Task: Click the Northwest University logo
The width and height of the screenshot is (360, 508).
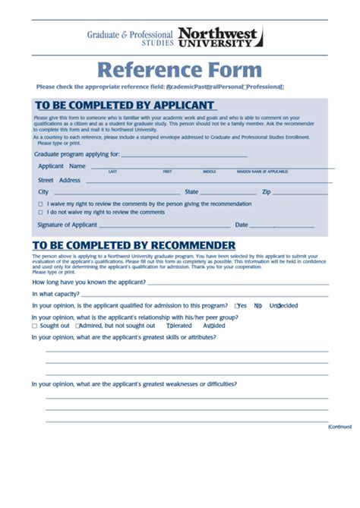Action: pyautogui.click(x=220, y=37)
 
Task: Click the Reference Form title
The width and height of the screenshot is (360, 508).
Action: pyautogui.click(x=179, y=71)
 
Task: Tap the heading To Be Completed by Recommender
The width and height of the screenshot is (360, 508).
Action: pyautogui.click(x=134, y=245)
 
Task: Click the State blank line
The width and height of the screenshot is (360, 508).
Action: pyautogui.click(x=228, y=193)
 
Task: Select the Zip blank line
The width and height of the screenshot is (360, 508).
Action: pyautogui.click(x=301, y=193)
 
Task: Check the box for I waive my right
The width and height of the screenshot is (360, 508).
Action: pyautogui.click(x=40, y=205)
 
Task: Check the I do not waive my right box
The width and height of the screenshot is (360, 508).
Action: pyautogui.click(x=40, y=213)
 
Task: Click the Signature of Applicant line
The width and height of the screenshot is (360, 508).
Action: pyautogui.click(x=164, y=226)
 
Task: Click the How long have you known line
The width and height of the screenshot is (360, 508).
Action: pyautogui.click(x=238, y=282)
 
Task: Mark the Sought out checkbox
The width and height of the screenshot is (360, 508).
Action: pyautogui.click(x=34, y=326)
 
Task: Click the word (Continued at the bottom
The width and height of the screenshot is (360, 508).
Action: pyautogui.click(x=340, y=427)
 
